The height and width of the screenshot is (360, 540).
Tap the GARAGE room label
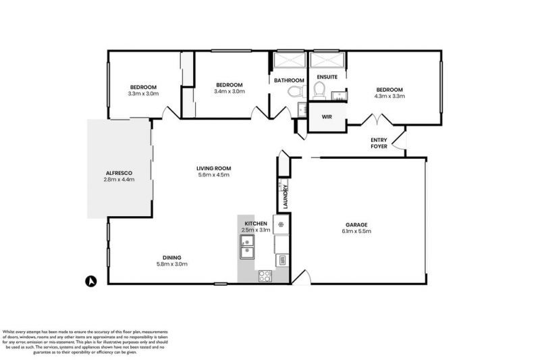[x=356, y=224]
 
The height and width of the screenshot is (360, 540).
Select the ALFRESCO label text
[x=119, y=173]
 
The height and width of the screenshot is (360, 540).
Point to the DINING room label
[x=171, y=257]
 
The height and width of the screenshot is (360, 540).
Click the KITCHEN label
[x=256, y=223]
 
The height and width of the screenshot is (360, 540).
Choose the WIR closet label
[x=327, y=117]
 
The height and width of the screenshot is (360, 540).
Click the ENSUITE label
[x=327, y=77]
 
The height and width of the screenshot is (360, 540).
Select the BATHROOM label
[x=289, y=80]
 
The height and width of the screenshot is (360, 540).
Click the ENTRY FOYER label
[x=379, y=143]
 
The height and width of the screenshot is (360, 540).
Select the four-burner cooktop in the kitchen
[x=264, y=276]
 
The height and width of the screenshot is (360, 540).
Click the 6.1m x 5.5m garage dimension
[x=356, y=232]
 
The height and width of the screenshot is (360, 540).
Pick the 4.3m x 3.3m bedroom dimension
[x=389, y=97]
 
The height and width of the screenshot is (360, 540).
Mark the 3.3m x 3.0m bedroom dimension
[x=143, y=94]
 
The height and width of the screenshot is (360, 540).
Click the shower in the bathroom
[x=290, y=61]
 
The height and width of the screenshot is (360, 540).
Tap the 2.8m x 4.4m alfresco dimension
[x=119, y=180]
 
